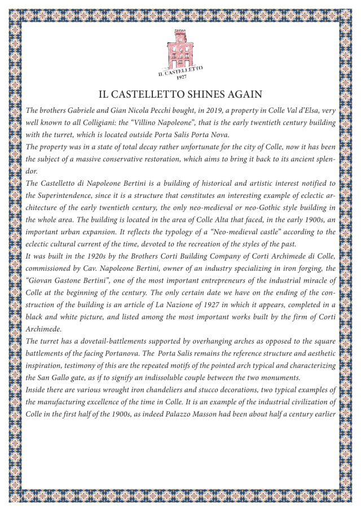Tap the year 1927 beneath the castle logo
(181, 77)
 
